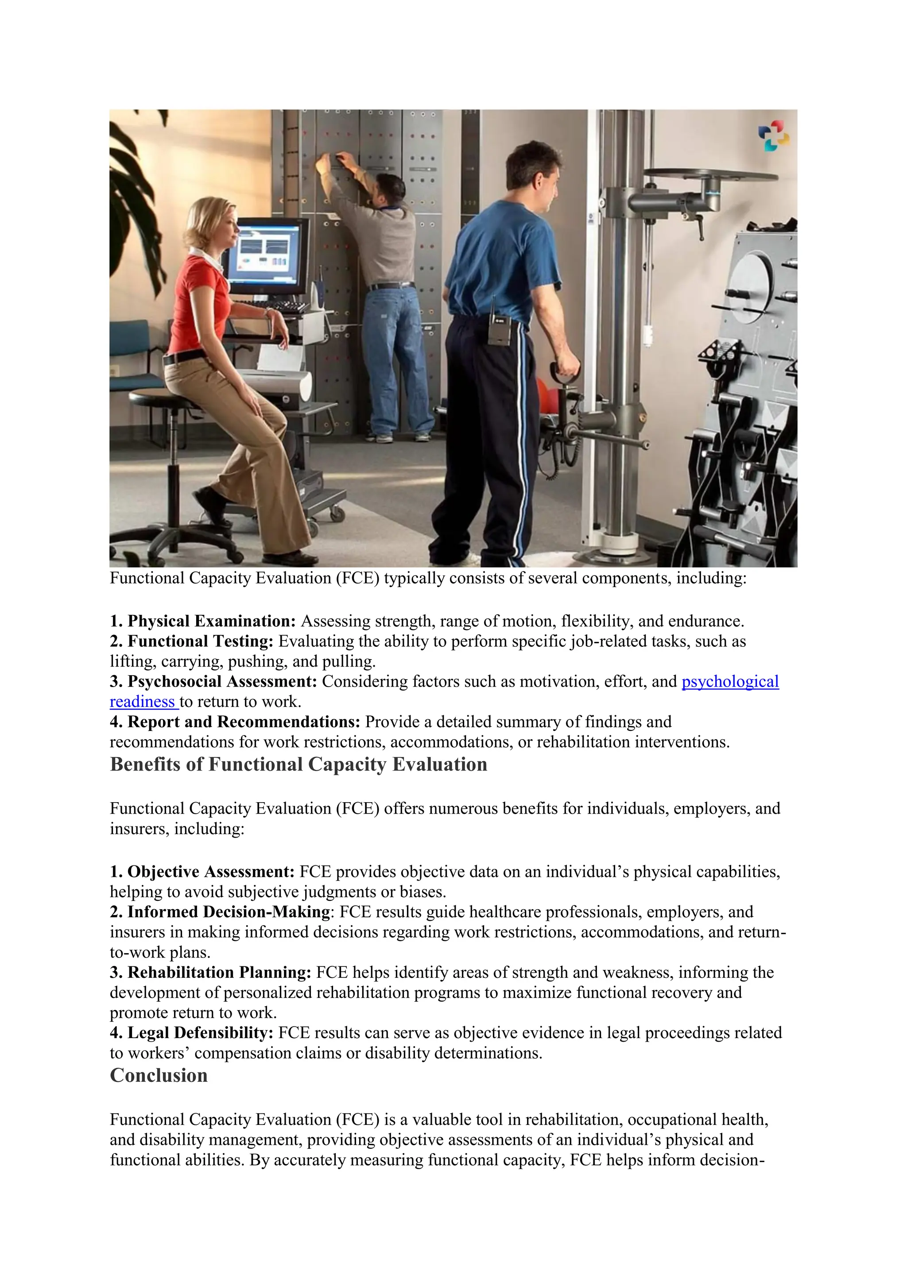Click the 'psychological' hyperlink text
[730, 682]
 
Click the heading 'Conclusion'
[159, 1075]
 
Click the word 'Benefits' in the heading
[146, 765]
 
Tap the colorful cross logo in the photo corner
[774, 135]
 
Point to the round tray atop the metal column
[709, 175]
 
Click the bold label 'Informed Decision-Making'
[229, 912]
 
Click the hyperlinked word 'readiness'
[143, 702]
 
